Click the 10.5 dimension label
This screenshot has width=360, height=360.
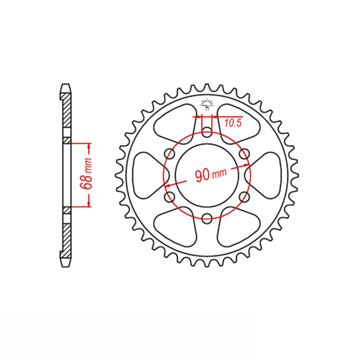pyautogui.click(x=233, y=123)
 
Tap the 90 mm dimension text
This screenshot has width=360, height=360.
pyautogui.click(x=211, y=174)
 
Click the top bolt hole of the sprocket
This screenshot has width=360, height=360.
pyautogui.click(x=207, y=132)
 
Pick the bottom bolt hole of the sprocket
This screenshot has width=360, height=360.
pyautogui.click(x=207, y=218)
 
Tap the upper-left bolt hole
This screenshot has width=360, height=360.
pyautogui.click(x=170, y=154)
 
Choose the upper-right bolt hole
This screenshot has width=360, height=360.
pyautogui.click(x=244, y=154)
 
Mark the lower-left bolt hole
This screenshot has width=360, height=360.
pyautogui.click(x=170, y=196)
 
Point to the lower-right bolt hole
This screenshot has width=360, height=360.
pyautogui.click(x=244, y=196)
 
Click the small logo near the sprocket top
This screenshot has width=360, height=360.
pyautogui.click(x=207, y=104)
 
